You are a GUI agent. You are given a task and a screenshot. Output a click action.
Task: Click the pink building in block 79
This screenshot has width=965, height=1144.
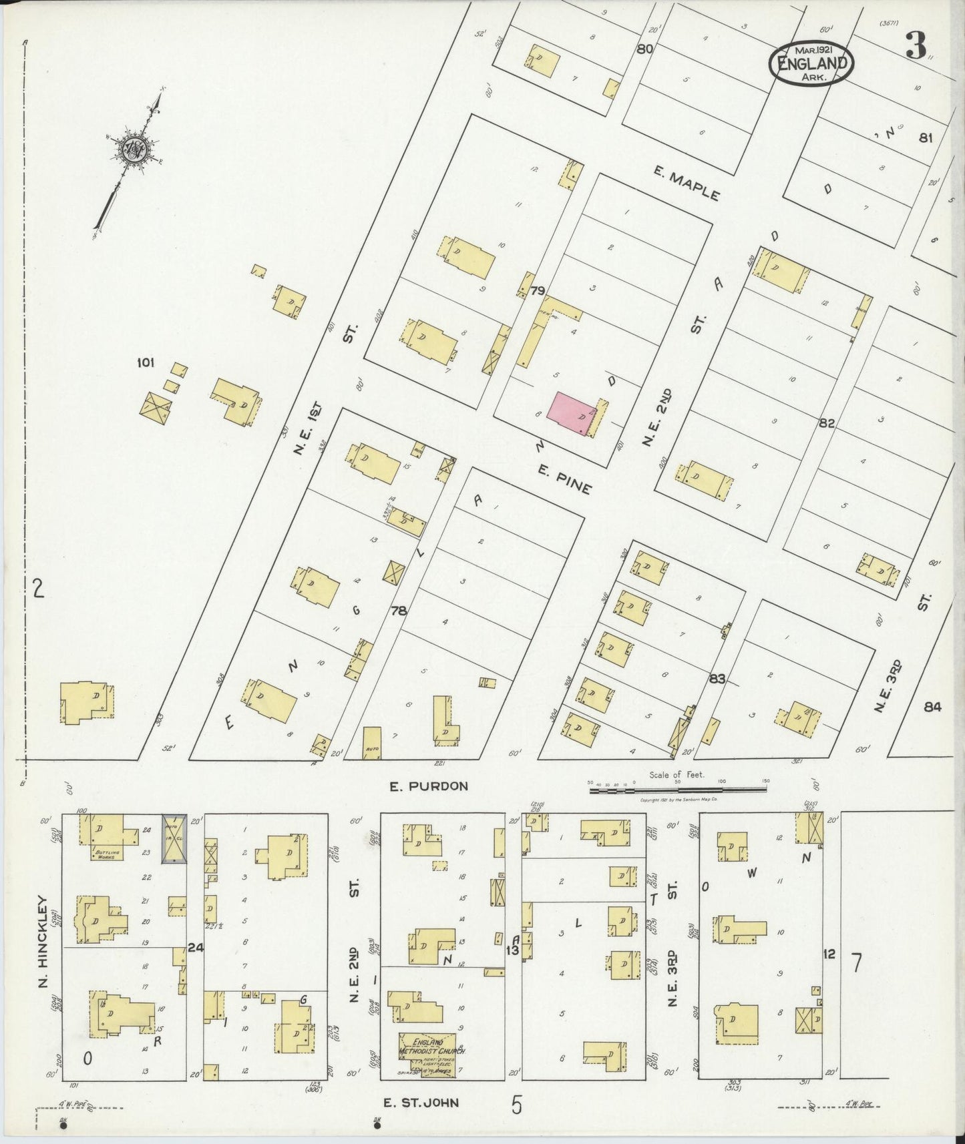(572, 414)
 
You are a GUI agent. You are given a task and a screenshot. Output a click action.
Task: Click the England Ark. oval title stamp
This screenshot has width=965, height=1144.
(813, 65)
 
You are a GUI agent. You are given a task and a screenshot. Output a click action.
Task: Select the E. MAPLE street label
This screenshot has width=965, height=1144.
(687, 184)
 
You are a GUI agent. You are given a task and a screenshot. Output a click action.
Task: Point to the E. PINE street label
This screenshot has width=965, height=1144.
(565, 479)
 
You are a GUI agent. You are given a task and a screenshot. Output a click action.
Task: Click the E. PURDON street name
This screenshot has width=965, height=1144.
(429, 786)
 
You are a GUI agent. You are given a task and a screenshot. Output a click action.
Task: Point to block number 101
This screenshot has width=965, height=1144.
(146, 363)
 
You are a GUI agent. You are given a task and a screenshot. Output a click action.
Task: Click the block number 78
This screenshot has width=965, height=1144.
(399, 610)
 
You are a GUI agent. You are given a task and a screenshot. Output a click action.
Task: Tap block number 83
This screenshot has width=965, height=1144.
(717, 679)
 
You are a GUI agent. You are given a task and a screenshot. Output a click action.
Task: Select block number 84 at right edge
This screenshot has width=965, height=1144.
(932, 707)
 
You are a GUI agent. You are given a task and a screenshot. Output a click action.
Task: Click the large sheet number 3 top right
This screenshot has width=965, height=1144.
(916, 45)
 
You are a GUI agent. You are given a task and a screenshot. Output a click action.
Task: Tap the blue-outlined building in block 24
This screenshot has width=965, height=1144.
(175, 838)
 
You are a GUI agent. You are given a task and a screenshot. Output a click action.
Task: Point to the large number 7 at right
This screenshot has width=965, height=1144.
(856, 963)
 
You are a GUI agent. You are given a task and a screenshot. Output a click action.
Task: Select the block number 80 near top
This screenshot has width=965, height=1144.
(644, 49)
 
